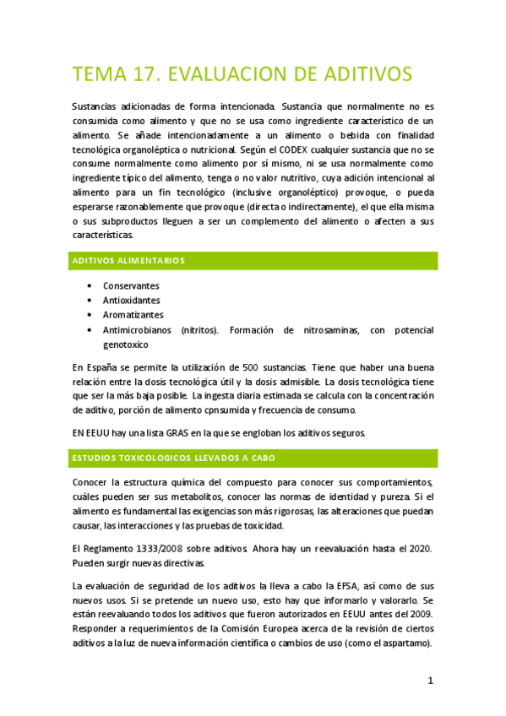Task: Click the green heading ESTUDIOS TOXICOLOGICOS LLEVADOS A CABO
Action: coord(175,458)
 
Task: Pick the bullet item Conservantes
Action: coord(131,285)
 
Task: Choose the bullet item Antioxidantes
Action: coord(131,300)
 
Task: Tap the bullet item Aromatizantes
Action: coord(133,314)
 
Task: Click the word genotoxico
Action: coord(126,344)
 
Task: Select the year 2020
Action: coord(417,549)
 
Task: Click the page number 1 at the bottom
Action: coord(430,680)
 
